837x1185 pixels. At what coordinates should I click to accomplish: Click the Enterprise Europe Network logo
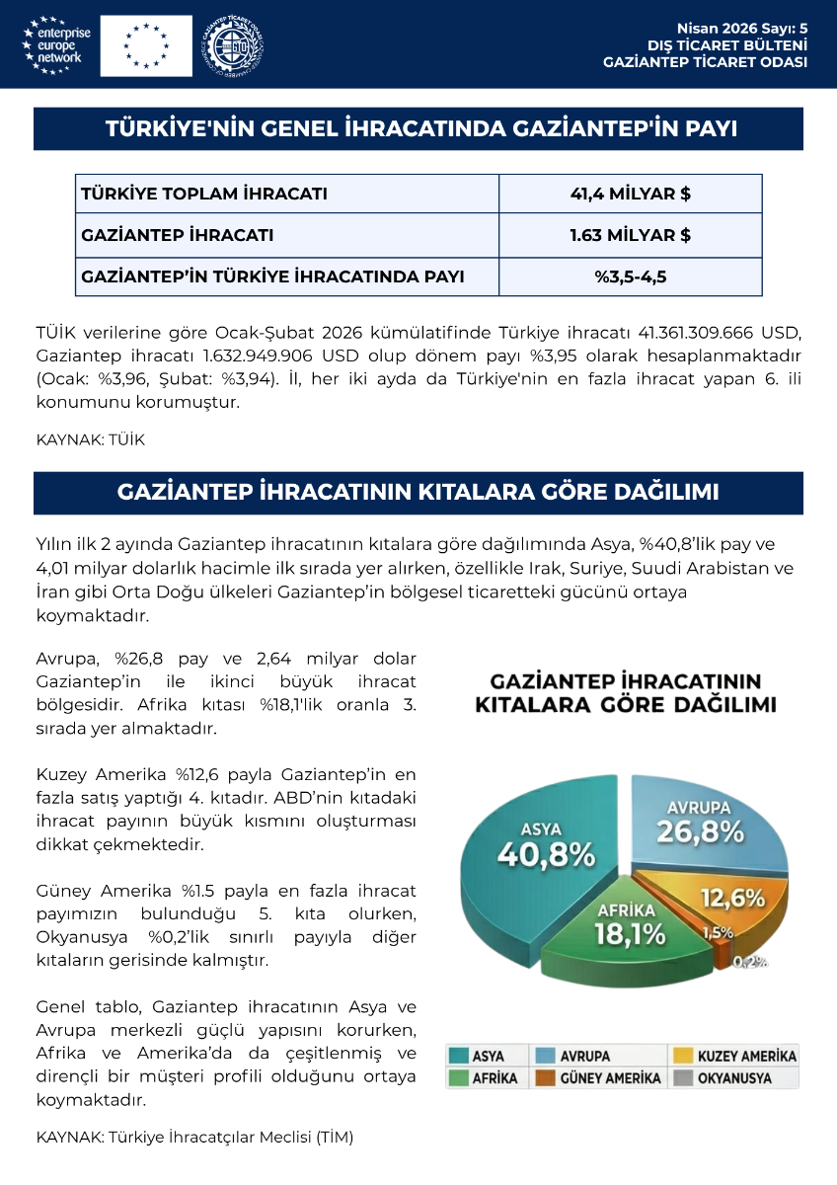pyautogui.click(x=56, y=45)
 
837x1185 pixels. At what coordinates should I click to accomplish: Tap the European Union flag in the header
pyautogui.click(x=146, y=45)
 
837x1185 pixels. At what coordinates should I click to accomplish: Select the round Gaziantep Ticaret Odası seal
pyautogui.click(x=233, y=44)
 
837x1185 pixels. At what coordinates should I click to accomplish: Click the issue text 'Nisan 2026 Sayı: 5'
pyautogui.click(x=741, y=28)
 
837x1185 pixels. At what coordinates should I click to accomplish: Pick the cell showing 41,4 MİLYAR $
pyautogui.click(x=630, y=194)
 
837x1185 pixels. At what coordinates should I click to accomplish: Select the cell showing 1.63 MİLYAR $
pyautogui.click(x=630, y=235)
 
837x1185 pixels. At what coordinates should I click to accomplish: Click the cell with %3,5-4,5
pyautogui.click(x=630, y=276)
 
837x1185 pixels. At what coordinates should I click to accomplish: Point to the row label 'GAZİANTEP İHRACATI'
pyautogui.click(x=178, y=235)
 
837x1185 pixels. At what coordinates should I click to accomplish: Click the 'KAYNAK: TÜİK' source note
pyautogui.click(x=90, y=439)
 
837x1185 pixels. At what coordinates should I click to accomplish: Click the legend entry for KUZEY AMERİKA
pyautogui.click(x=734, y=1056)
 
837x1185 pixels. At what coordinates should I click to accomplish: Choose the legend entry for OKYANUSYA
pyautogui.click(x=734, y=1078)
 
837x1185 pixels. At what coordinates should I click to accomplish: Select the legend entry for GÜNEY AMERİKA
pyautogui.click(x=598, y=1078)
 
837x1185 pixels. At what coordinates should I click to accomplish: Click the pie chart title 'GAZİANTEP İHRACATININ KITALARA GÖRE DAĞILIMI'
pyautogui.click(x=625, y=693)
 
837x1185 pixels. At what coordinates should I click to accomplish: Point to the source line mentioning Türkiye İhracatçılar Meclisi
pyautogui.click(x=194, y=1137)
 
